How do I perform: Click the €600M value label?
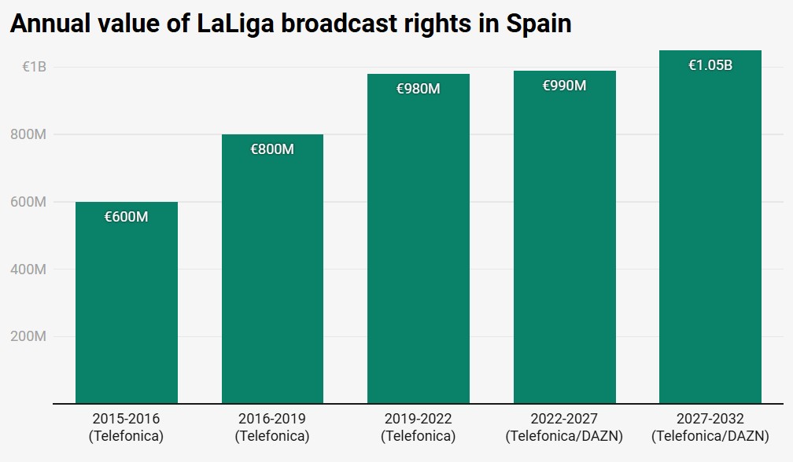coord(126,217)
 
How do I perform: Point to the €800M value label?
coord(272,149)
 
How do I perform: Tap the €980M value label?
coord(419,89)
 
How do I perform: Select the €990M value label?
coord(564,86)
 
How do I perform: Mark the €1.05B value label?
coord(710,65)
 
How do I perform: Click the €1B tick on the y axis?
coord(34,68)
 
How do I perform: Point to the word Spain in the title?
coord(538,24)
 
